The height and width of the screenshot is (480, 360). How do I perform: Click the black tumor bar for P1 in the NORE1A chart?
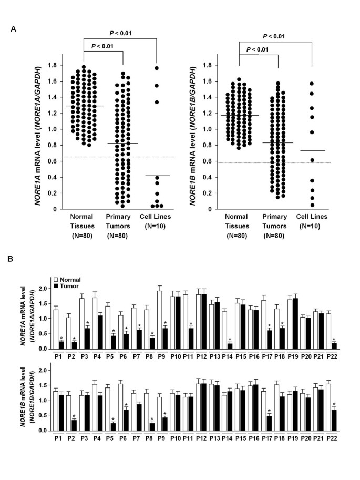[x=62, y=345]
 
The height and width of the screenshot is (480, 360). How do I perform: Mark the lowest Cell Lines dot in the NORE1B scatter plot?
[x=312, y=205]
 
